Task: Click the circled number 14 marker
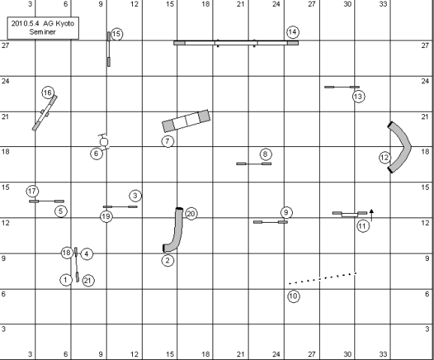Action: (x=293, y=32)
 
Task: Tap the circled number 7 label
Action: (x=167, y=141)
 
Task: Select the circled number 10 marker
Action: (x=294, y=296)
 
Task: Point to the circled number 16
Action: (x=48, y=93)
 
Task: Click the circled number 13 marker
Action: (x=358, y=97)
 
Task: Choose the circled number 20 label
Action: (x=191, y=214)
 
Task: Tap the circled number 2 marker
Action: (x=167, y=260)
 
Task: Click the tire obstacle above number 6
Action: (x=104, y=142)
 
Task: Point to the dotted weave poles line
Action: (x=322, y=278)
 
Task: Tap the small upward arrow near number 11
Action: (x=372, y=215)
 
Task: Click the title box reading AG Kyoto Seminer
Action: (x=43, y=28)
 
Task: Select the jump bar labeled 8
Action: (x=254, y=163)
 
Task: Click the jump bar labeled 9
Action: (x=270, y=222)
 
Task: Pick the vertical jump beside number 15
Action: (x=109, y=49)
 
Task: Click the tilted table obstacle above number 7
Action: (x=186, y=121)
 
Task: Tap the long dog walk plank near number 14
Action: (x=236, y=43)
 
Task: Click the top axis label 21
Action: (x=240, y=4)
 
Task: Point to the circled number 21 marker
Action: (x=88, y=280)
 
